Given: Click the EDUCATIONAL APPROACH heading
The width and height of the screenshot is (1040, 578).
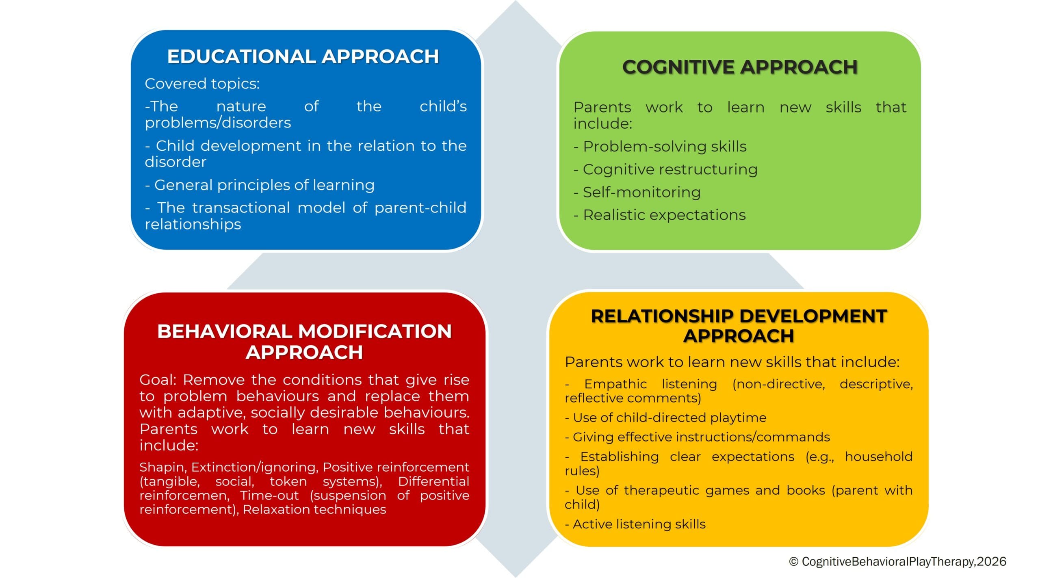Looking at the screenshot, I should pyautogui.click(x=303, y=56).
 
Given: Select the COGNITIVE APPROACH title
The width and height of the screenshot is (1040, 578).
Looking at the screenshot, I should pyautogui.click(x=740, y=67).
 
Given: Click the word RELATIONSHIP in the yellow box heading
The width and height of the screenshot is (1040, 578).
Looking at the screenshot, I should pyautogui.click(x=662, y=316).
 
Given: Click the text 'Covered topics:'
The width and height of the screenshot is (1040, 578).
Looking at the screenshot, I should pyautogui.click(x=202, y=84).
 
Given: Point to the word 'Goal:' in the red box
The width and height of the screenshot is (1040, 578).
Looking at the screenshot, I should pyautogui.click(x=158, y=380).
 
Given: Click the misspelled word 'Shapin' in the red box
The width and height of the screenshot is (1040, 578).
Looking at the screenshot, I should pyautogui.click(x=162, y=467).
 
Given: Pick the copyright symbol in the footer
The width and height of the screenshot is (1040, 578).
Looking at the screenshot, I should pyautogui.click(x=793, y=562).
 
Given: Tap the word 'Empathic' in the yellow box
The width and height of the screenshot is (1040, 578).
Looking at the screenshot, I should pyautogui.click(x=615, y=384).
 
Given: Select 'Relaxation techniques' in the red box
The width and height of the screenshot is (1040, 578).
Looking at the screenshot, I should pyautogui.click(x=314, y=509).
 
